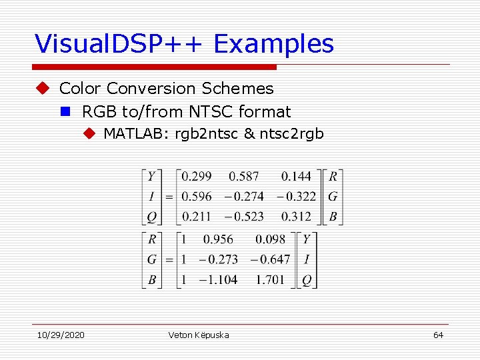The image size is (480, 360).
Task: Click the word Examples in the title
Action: pos(274,44)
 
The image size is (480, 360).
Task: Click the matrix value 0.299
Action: pos(197,177)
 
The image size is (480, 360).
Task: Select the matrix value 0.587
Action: pos(243,177)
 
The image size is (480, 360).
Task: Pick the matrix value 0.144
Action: pos(296,177)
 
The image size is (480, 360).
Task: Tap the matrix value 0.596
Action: pos(197,197)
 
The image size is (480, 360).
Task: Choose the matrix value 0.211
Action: pos(197,217)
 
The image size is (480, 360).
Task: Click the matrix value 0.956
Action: pos(218,239)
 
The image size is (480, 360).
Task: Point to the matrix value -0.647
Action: pos(270,259)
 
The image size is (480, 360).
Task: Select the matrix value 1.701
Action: pos(270,279)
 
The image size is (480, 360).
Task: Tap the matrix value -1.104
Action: pos(218,279)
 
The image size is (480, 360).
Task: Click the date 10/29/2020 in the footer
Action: pos(60,335)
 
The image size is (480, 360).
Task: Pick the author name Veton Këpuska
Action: pos(199,335)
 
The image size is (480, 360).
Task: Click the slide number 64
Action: pos(438,335)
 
